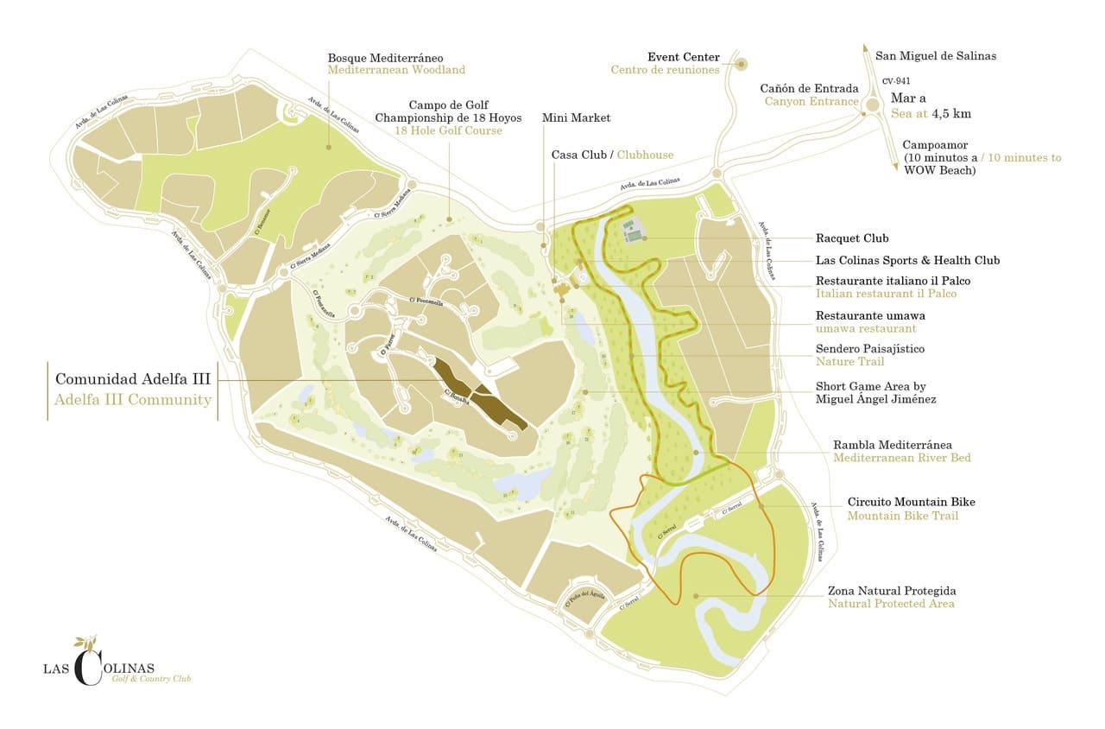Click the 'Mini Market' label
[x=576, y=117]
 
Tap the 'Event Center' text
[x=683, y=57]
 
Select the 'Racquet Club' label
[x=852, y=238]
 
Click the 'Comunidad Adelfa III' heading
[x=133, y=378]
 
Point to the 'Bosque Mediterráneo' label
[x=397, y=57]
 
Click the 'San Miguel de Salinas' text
[x=936, y=56]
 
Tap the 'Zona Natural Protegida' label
[x=892, y=591]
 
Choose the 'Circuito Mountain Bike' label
[x=911, y=502]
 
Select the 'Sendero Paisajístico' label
[x=869, y=349]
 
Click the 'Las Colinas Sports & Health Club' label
[x=907, y=260]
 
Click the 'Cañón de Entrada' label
[x=809, y=88]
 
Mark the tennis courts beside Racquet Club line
[x=633, y=232]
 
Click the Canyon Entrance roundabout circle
[x=872, y=105]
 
